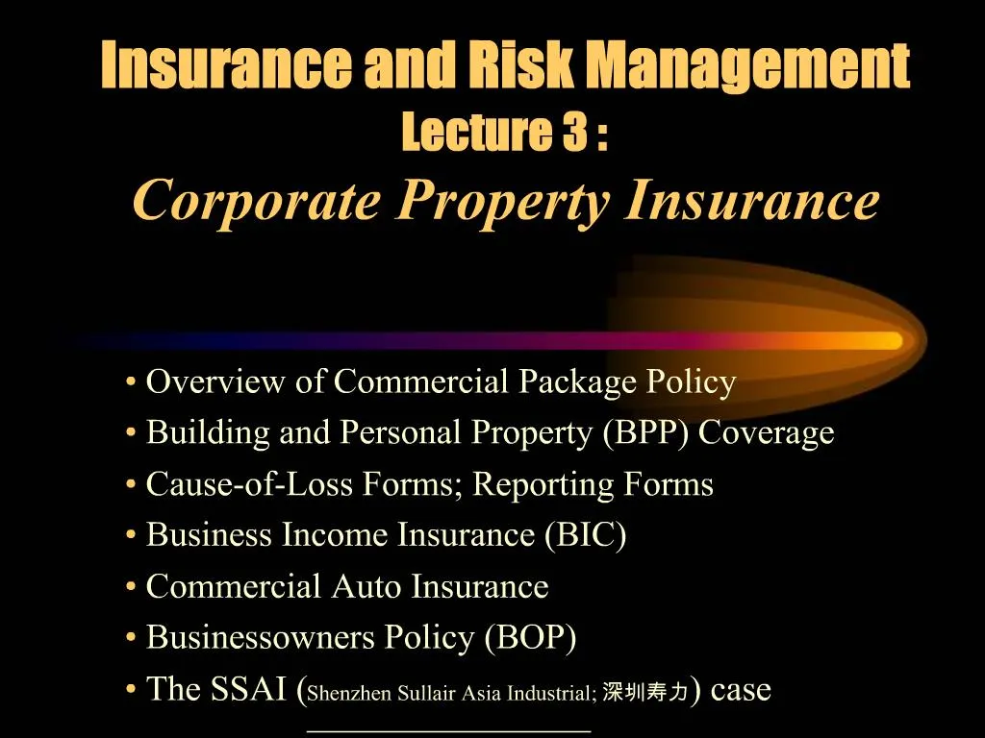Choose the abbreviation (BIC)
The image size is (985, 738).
click(585, 535)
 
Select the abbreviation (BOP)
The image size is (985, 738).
click(531, 637)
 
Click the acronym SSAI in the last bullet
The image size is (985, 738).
click(245, 688)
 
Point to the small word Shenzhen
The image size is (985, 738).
click(343, 691)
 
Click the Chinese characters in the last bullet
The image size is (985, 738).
click(645, 691)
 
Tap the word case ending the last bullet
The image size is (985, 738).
click(740, 688)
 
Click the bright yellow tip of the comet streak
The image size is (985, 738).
click(890, 340)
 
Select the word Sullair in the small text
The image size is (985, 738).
click(417, 691)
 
